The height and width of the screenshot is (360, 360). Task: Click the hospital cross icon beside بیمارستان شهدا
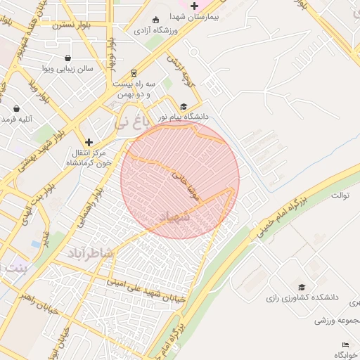(x=195, y=6)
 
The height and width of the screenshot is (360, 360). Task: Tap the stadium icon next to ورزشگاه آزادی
(x=156, y=20)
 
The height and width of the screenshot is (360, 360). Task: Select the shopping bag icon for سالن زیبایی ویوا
(x=67, y=58)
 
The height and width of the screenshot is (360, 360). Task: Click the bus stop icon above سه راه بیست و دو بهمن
(x=134, y=72)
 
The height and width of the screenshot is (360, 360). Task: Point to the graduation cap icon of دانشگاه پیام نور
(x=184, y=106)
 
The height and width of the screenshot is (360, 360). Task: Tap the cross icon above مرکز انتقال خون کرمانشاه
(x=89, y=142)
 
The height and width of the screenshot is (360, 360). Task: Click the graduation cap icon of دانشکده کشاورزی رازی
(x=302, y=288)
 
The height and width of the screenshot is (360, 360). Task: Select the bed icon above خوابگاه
(x=344, y=345)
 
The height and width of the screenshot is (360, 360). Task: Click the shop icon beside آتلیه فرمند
(x=17, y=109)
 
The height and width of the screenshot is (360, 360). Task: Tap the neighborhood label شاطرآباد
(x=89, y=252)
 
